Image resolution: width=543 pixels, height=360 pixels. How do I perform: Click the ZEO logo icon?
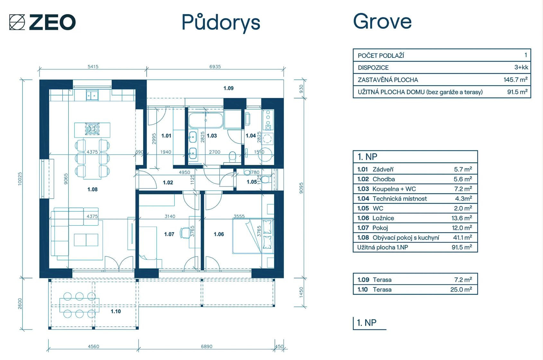coord(17,22)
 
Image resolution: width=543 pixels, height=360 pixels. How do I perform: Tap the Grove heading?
coord(382,21)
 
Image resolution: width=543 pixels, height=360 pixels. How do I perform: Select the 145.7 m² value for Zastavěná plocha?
coord(515,80)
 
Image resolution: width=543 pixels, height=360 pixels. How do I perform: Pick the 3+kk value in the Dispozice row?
coord(521,67)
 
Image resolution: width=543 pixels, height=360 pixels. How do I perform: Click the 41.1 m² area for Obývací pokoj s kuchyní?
coord(462,238)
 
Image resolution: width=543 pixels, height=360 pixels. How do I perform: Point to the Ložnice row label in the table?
coord(383,218)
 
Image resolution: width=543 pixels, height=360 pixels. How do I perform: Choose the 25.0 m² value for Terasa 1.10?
coord(461,289)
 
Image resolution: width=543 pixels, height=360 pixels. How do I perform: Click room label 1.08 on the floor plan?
coord(93,189)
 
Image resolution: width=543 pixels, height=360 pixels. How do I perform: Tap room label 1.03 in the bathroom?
coord(212,136)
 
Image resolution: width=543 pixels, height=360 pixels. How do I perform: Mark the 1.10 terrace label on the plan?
coord(116,311)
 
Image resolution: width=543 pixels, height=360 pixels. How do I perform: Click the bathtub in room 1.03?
coord(206,120)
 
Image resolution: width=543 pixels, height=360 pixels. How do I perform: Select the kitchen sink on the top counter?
coord(92,95)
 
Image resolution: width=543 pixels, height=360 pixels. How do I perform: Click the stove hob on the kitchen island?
coord(92,129)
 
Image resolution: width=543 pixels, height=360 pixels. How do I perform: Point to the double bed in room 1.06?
coord(253,236)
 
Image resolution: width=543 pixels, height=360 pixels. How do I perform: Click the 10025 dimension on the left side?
coord(20,179)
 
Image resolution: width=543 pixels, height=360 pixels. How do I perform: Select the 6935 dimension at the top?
coord(215,67)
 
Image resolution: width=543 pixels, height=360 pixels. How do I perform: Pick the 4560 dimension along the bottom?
coord(93,346)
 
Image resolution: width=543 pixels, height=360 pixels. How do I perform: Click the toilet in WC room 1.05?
coord(265,179)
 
